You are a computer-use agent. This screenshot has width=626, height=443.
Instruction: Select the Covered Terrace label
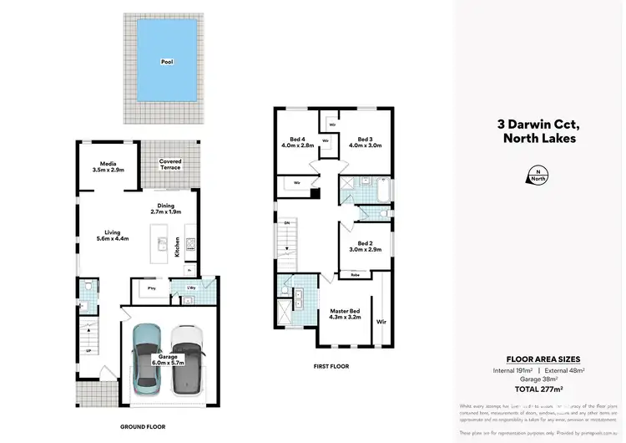click(x=169, y=163)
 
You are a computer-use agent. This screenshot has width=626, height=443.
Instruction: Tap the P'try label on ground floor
click(x=152, y=289)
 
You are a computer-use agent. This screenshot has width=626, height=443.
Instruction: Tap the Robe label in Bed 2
click(x=356, y=275)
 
